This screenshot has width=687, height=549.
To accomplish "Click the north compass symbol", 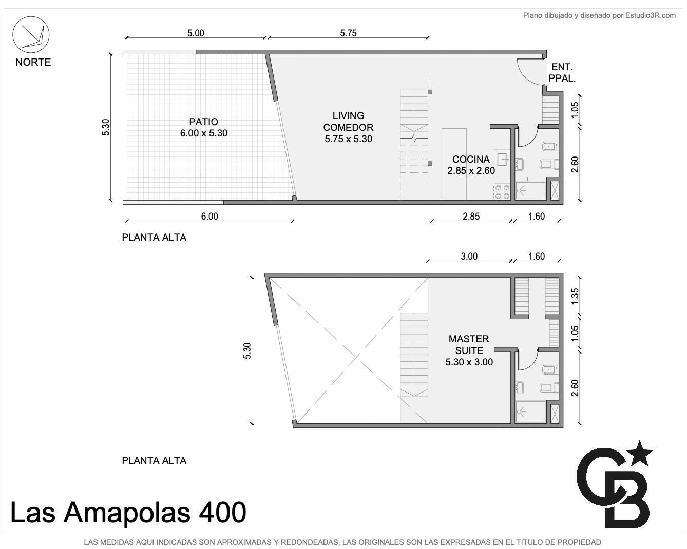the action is (31, 35).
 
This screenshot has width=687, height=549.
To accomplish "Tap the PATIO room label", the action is (204, 122).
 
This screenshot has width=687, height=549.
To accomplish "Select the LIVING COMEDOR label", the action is (348, 121).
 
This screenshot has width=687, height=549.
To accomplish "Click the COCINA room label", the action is (471, 159).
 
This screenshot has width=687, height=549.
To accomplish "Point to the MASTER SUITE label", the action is (469, 344).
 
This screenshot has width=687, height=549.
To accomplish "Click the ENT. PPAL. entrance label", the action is (562, 72).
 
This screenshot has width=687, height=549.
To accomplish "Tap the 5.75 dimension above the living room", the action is (348, 33).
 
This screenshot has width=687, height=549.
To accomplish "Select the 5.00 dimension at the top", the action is (196, 33).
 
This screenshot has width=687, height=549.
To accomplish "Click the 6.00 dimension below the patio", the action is (209, 217).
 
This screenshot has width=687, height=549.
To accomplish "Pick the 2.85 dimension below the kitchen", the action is (471, 217).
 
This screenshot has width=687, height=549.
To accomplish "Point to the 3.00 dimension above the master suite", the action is (469, 256).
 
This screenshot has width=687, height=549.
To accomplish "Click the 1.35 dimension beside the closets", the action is (575, 297).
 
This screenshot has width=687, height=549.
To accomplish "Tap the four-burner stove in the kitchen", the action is (502, 192).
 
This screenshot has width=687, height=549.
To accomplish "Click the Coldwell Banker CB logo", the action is (615, 484).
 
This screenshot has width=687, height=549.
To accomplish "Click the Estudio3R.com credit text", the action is (650, 15).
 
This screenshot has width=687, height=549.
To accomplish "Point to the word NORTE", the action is (33, 62).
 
